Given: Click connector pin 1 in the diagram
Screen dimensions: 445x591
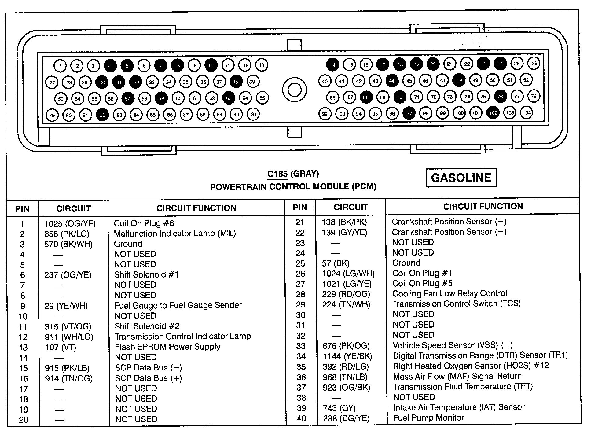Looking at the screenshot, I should point(60,66).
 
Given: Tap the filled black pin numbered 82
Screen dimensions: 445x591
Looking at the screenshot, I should point(102,115).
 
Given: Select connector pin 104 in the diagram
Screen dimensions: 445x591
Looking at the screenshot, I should point(526,112).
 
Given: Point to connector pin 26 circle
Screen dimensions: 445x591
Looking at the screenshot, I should point(534,64).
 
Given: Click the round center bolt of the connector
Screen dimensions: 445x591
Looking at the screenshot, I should point(294,90).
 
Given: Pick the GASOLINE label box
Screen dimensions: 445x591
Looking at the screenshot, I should point(461,178).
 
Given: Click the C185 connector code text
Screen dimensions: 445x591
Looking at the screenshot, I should point(277,174).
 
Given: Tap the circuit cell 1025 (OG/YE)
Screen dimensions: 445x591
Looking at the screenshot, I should point(70,224).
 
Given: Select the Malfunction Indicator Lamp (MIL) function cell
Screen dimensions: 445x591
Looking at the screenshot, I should point(175,234).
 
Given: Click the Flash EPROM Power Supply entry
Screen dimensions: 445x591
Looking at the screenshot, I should point(167,347).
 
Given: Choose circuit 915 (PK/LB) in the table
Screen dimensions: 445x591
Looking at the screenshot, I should point(67,368).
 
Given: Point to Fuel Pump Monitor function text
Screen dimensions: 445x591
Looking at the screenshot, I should point(428,418).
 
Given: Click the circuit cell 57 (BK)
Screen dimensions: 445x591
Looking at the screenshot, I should point(336,263).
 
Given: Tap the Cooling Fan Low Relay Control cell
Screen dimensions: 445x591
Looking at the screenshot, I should point(450,294).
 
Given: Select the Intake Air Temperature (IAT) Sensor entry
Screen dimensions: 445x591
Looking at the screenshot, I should point(459,407).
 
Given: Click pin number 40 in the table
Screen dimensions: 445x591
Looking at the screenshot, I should point(301,418).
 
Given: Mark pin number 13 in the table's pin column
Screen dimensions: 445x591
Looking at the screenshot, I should point(23,348).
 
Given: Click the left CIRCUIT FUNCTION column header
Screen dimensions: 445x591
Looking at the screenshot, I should point(196,208).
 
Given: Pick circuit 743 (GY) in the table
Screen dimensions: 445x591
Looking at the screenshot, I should point(339,408).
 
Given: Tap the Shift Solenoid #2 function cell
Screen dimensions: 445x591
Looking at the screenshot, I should point(147,326).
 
